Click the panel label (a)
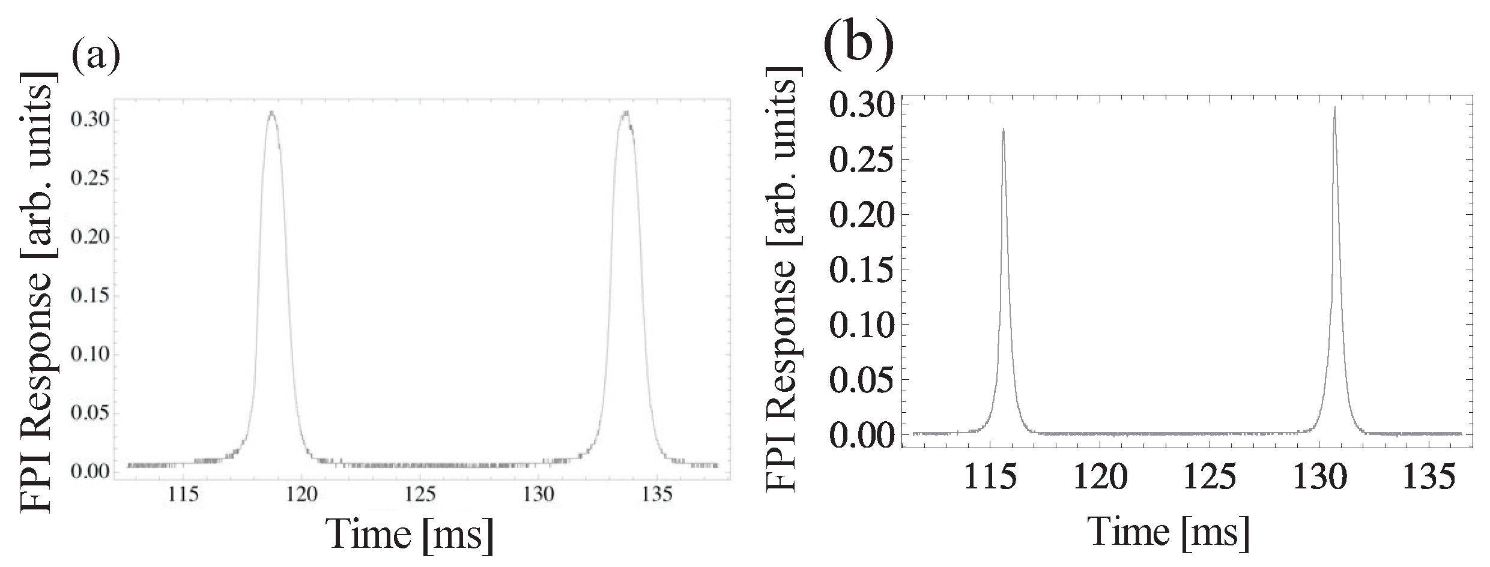point(96,55)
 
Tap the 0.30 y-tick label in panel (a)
point(90,120)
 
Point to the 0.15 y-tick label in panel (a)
point(90,296)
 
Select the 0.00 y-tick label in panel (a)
point(90,472)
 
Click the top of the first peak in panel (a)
point(271,112)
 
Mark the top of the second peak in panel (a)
point(626,112)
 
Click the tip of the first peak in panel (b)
point(1003,129)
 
